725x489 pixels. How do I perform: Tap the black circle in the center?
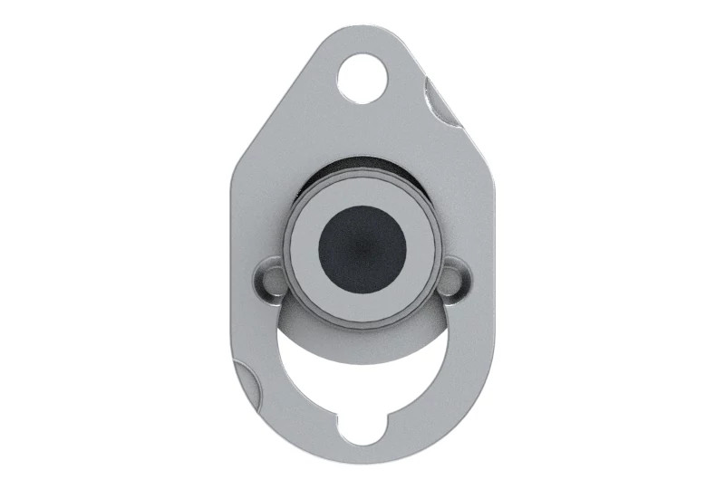(362, 249)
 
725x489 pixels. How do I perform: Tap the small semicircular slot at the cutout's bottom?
(362, 427)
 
